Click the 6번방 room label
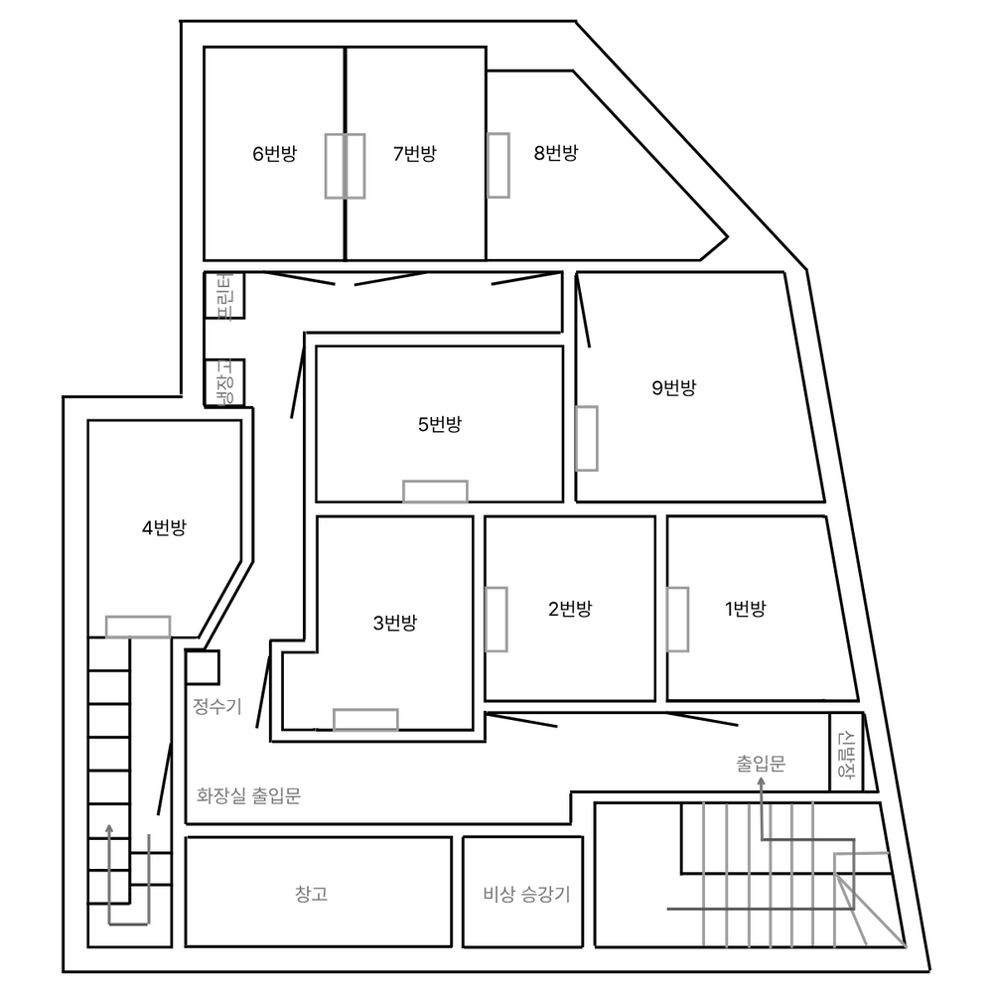pyautogui.click(x=274, y=154)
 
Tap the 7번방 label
pyautogui.click(x=415, y=154)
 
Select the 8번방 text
pyautogui.click(x=556, y=153)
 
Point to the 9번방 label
pyautogui.click(x=674, y=387)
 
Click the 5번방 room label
pyautogui.click(x=440, y=424)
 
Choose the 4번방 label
pyautogui.click(x=164, y=527)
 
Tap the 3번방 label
pyautogui.click(x=395, y=624)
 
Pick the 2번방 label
pyautogui.click(x=570, y=610)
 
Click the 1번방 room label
pyautogui.click(x=746, y=610)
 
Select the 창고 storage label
pyautogui.click(x=311, y=894)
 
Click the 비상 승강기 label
pyautogui.click(x=527, y=895)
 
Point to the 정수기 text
pyautogui.click(x=217, y=706)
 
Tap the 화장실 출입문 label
pyautogui.click(x=248, y=795)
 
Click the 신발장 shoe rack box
pyautogui.click(x=846, y=753)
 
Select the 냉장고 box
pyautogui.click(x=224, y=382)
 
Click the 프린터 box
pyautogui.click(x=224, y=296)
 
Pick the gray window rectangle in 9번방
pyautogui.click(x=587, y=438)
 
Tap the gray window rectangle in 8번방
pyautogui.click(x=498, y=165)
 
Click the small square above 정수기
pyautogui.click(x=203, y=667)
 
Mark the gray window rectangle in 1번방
pyautogui.click(x=677, y=620)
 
